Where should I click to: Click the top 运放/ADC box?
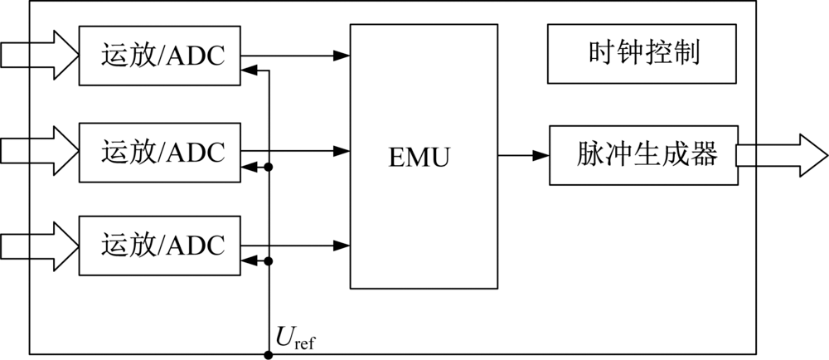coord(160,55)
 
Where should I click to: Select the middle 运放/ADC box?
coord(160,152)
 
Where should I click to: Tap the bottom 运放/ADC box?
coord(160,245)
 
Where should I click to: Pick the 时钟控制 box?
coord(642,54)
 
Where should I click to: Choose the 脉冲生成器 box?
coord(642,155)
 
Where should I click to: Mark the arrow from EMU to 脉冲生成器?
coord(524,155)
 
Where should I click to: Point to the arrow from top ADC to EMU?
coord(295,56)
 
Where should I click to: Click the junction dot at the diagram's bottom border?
coord(268,355)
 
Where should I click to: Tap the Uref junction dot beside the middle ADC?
coord(268,167)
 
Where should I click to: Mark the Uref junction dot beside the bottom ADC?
coord(268,260)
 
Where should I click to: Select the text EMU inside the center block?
coord(419,156)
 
